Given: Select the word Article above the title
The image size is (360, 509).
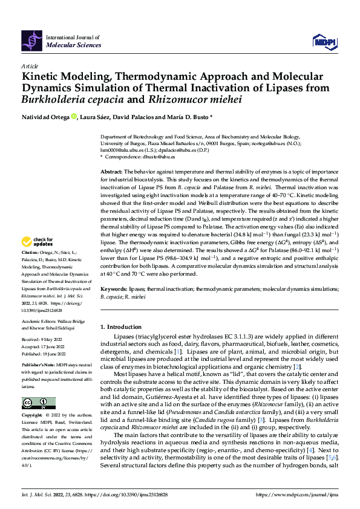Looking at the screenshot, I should click(x=30, y=66).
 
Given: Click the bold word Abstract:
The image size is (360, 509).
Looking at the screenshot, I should click(x=111, y=172).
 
